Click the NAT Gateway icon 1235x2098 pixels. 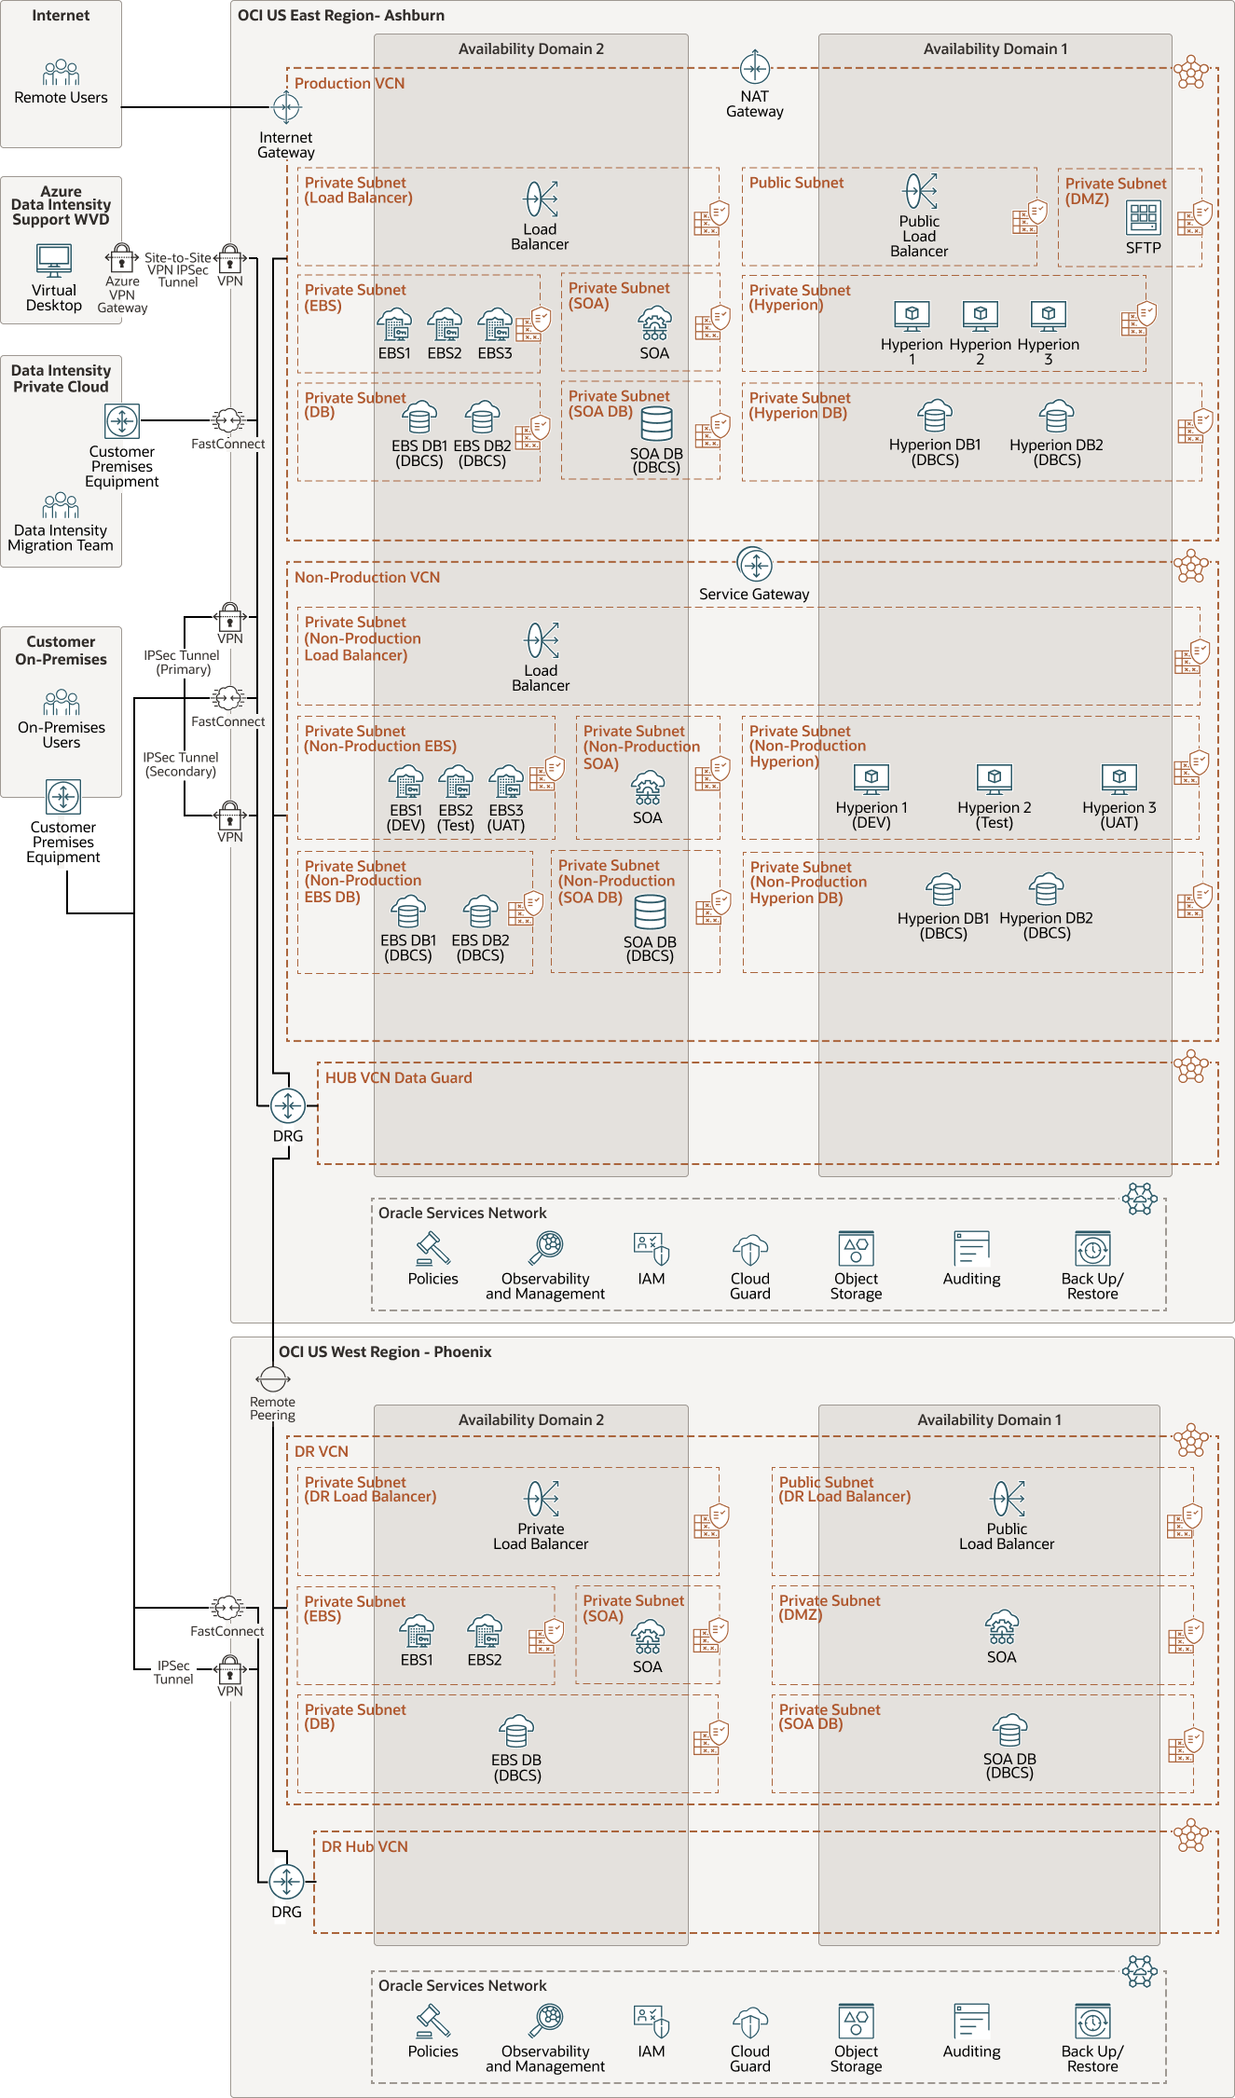(755, 68)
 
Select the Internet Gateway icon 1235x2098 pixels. (286, 108)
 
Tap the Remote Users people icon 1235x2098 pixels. (61, 73)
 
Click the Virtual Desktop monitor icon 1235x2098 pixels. (54, 261)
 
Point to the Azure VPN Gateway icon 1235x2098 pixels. (122, 257)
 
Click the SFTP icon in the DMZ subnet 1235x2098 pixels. (1144, 218)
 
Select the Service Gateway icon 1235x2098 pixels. (755, 564)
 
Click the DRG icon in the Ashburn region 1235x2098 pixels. (288, 1106)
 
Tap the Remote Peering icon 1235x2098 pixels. (272, 1378)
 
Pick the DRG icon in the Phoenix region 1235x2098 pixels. (286, 1882)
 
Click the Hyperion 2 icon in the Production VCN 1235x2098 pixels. (981, 316)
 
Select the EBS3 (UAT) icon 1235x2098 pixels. (506, 782)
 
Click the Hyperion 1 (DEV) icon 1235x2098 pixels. (871, 778)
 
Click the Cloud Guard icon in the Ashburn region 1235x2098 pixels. (750, 1250)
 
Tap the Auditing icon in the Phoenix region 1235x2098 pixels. (971, 2022)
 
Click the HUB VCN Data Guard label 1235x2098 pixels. (398, 1078)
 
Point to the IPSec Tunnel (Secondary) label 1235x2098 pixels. (181, 764)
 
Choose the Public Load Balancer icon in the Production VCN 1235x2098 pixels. (920, 191)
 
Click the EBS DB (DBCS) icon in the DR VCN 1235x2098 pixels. (517, 1732)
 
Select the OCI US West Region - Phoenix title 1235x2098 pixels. (384, 1352)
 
